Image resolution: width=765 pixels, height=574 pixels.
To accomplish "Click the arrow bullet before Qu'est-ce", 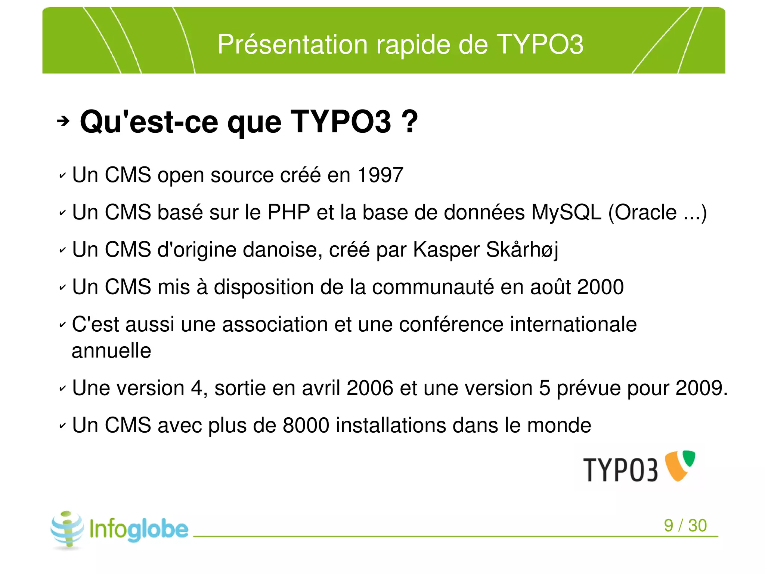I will point(63,121).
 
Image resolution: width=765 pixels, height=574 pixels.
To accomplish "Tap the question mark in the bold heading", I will point(410,122).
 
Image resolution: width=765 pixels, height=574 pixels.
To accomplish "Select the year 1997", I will point(380,175).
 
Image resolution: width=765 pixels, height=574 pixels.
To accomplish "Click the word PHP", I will point(289,212).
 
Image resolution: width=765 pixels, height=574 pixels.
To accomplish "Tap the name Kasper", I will point(446,250).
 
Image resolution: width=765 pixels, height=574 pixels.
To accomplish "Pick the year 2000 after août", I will point(600,287).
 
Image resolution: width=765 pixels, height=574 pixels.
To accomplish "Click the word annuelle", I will point(111,351).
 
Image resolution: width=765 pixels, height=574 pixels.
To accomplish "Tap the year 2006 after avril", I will point(370,388).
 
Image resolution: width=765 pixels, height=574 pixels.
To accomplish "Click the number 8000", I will point(306,425).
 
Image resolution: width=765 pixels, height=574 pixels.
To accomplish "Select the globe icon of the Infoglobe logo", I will point(67,529).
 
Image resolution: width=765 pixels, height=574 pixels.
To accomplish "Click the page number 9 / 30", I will point(685,525).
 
